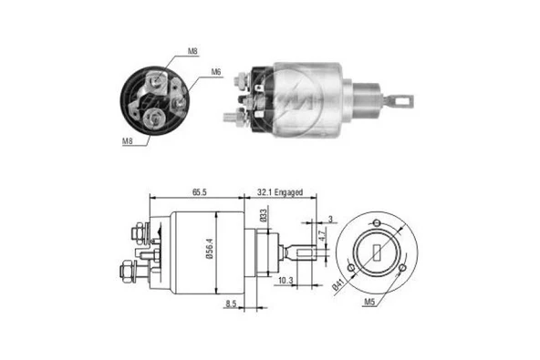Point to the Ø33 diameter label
point(263,219)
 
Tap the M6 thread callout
point(217,72)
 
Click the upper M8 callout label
point(192,53)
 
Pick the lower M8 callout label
point(127,141)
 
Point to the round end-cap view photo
point(160,98)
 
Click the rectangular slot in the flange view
point(375,252)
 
